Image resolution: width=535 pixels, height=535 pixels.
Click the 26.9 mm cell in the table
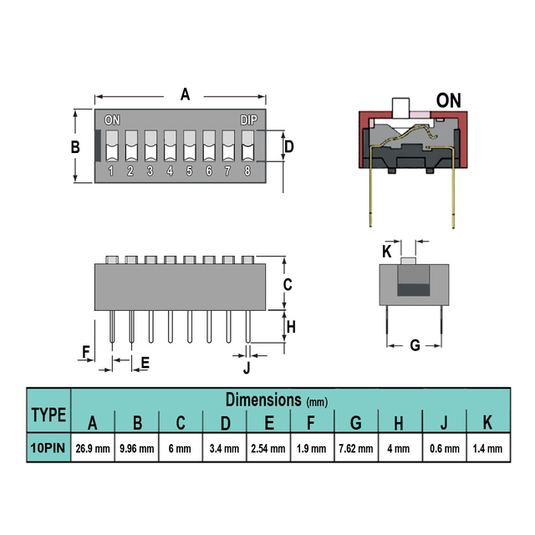(x=93, y=448)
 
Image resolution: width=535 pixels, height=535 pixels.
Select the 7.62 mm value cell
(x=356, y=448)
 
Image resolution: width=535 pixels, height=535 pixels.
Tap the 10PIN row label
(x=48, y=448)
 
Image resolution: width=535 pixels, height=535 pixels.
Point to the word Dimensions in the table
(x=264, y=400)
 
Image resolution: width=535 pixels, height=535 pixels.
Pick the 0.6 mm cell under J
(x=445, y=448)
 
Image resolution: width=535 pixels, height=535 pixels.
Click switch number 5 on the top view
(x=190, y=145)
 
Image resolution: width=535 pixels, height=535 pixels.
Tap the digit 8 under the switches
(x=247, y=171)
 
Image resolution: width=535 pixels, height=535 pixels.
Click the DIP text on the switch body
(x=249, y=120)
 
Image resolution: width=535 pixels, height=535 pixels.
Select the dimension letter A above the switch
(x=185, y=94)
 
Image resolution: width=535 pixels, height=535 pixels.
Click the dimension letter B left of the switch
(x=75, y=147)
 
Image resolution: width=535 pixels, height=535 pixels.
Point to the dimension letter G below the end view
(x=415, y=345)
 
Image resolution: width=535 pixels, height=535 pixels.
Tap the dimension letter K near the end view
(x=386, y=252)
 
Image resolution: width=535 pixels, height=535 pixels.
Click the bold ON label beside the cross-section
(x=449, y=100)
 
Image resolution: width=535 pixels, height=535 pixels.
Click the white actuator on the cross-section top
(x=400, y=109)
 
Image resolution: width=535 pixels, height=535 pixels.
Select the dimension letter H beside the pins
(x=291, y=327)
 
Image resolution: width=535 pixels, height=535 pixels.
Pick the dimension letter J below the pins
(x=247, y=368)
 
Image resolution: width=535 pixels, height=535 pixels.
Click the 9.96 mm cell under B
(x=137, y=448)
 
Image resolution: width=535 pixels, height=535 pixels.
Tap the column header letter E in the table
(x=269, y=423)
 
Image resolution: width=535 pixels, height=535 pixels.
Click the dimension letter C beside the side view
(x=288, y=284)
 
